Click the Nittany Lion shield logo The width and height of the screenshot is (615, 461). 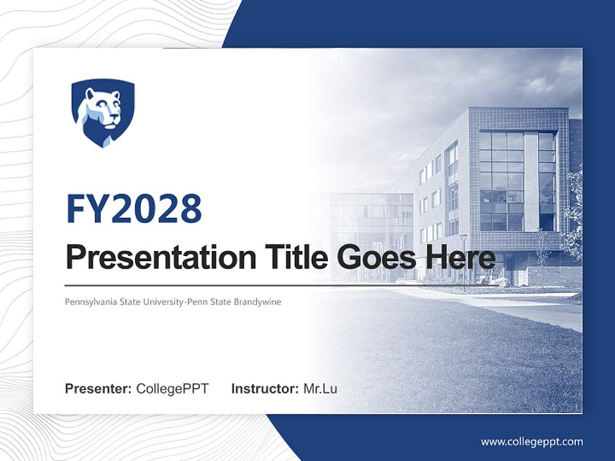click(x=102, y=113)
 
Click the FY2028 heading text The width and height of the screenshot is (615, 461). click(x=134, y=209)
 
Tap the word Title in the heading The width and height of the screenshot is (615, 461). click(x=295, y=258)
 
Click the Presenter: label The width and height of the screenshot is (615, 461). click(x=99, y=389)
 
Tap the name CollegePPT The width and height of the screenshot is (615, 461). click(x=172, y=389)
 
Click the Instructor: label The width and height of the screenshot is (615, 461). click(x=265, y=389)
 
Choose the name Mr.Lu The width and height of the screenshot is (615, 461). click(x=320, y=389)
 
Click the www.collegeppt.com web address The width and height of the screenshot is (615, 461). click(x=532, y=442)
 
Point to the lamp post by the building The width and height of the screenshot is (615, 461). click(x=464, y=259)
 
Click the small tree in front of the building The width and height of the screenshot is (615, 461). click(x=542, y=256)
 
